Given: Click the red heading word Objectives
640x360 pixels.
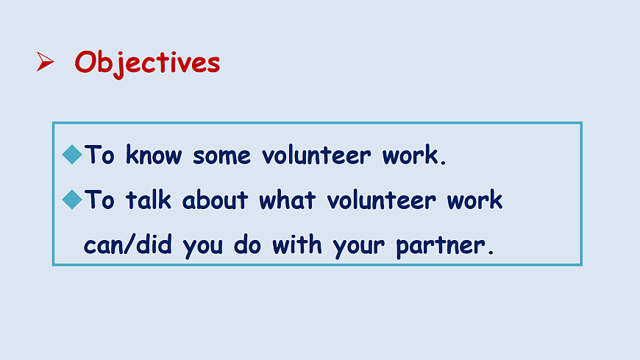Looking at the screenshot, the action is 147,63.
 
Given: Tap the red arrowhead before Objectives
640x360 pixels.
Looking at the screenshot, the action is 45,62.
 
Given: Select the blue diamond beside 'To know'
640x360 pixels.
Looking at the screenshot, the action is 72,155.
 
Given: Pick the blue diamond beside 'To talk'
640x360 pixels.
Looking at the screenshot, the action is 72,200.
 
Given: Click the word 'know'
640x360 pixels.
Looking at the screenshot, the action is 154,155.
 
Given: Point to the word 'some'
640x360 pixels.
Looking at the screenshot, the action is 221,157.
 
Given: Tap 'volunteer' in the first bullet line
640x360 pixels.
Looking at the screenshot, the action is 316,155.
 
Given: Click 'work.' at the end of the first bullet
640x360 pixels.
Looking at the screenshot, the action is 414,155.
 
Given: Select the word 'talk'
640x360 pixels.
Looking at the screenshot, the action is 148,200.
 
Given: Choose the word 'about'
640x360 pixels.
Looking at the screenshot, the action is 215,200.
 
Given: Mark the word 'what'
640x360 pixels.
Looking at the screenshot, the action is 288,200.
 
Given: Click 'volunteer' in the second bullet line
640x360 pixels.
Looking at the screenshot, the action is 381,200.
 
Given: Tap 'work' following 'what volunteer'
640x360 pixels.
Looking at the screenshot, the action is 474,200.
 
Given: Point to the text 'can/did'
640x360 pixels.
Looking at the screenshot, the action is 128,244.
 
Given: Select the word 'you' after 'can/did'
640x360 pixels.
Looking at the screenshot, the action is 202,247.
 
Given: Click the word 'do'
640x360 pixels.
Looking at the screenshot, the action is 247,244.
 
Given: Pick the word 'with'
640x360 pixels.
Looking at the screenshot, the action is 296,244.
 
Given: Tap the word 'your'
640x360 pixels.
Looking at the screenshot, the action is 358,247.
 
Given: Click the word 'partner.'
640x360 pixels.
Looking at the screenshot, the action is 445,247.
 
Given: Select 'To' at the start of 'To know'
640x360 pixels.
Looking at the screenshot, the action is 99,155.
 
